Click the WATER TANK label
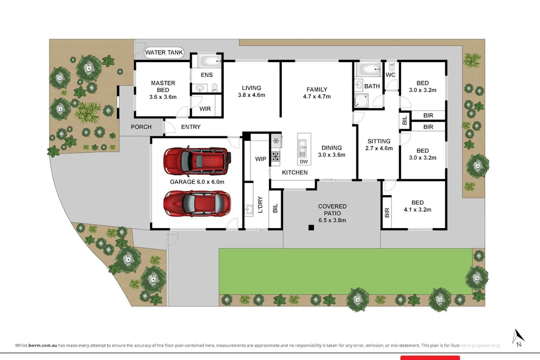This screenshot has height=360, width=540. (164, 53)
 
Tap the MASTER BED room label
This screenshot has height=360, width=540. (163, 90)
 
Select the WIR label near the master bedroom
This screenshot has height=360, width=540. (205, 109)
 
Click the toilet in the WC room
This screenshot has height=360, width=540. (392, 66)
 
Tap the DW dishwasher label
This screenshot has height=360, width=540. (304, 162)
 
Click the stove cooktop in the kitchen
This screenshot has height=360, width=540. (275, 157)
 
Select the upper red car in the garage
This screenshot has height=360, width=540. (197, 161)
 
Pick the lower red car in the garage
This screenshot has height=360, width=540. (197, 203)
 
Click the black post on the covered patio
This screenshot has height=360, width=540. (311, 227)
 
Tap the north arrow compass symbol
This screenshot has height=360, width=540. (518, 338)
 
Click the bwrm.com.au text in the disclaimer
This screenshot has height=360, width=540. (43, 345)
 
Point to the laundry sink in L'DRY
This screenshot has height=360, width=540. (249, 209)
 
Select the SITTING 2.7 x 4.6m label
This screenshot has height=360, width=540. (379, 145)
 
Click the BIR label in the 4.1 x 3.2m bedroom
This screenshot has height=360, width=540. (387, 213)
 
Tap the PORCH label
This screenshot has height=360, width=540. (141, 127)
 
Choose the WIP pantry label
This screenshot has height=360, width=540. (261, 159)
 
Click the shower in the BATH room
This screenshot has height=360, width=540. (361, 100)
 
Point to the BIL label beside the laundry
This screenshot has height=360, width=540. (275, 208)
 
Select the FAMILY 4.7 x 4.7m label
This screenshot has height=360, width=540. (317, 93)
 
